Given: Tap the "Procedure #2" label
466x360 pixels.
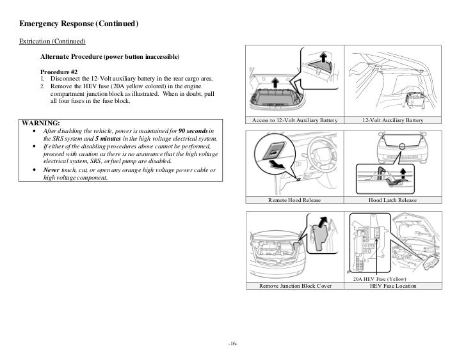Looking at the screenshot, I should [x=60, y=71].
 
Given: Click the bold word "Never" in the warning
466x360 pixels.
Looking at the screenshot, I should [x=52, y=170].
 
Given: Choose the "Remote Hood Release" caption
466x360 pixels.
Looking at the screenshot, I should [x=295, y=200].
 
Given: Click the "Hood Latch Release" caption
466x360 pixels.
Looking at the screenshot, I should [x=392, y=200].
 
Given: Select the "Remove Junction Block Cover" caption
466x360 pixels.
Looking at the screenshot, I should [x=295, y=286].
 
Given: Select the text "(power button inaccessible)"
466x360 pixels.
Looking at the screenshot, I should [x=144, y=57].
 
